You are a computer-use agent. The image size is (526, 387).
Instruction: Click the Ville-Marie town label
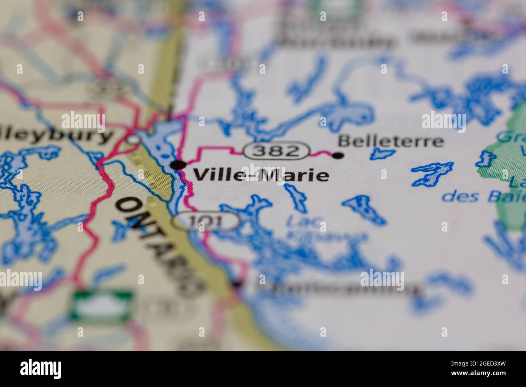pyautogui.click(x=261, y=175)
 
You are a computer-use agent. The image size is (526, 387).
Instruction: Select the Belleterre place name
pyautogui.click(x=390, y=142)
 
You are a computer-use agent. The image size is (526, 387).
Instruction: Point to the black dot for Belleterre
pyautogui.click(x=338, y=155)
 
